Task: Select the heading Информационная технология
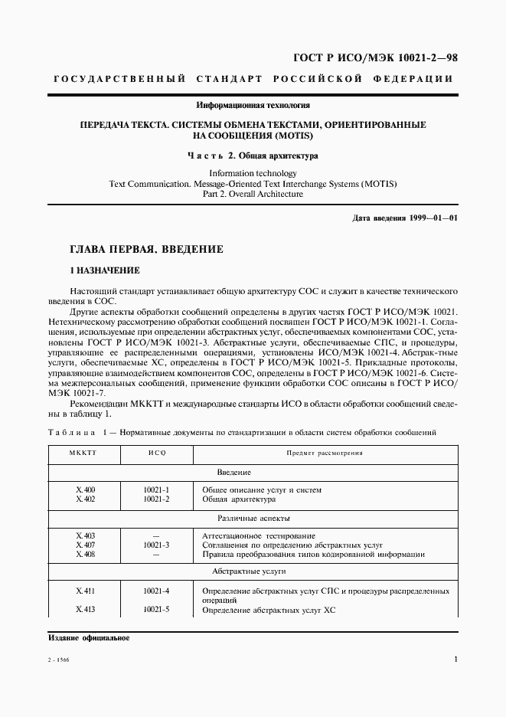tap(253, 104)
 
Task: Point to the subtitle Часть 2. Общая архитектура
tap(253, 156)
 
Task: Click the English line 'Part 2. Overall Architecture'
tap(253, 195)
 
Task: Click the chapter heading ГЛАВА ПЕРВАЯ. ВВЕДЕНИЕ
tap(147, 249)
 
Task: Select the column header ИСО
tap(156, 453)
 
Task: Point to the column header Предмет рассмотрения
tap(325, 453)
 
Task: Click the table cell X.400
tap(86, 489)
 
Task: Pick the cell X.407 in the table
tap(86, 544)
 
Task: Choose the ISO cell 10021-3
tap(156, 544)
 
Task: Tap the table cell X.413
tap(86, 610)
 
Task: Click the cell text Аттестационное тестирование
tap(258, 535)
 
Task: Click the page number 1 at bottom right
tap(455, 660)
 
